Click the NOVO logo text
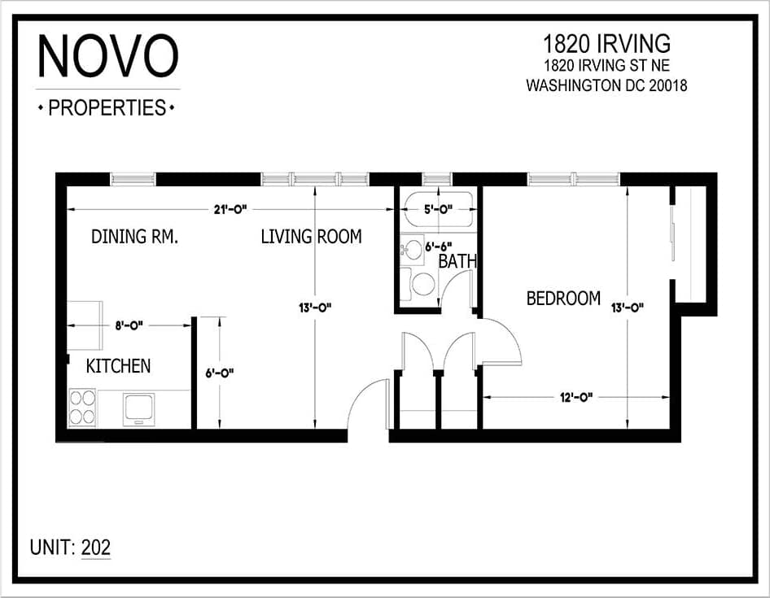(x=107, y=58)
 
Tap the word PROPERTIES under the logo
(x=107, y=107)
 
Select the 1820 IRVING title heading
(x=606, y=43)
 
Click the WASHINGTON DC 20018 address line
(x=606, y=85)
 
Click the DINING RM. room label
(x=134, y=237)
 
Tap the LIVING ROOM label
(x=311, y=237)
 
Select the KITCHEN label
(x=118, y=365)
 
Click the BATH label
(x=457, y=261)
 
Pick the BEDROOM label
(x=563, y=299)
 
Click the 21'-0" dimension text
(x=230, y=210)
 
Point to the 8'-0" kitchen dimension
(x=128, y=325)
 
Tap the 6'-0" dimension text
(x=220, y=373)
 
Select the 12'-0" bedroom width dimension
(x=575, y=397)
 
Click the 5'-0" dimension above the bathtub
(x=437, y=209)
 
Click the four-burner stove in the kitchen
(x=82, y=408)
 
